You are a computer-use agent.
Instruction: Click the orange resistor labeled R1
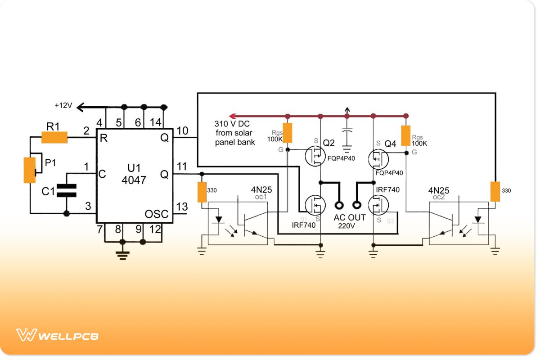click(54, 137)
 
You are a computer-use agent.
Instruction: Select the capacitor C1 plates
click(67, 190)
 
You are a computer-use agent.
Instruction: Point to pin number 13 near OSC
click(181, 207)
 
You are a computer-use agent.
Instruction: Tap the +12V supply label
click(63, 105)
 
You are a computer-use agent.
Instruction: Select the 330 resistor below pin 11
click(202, 192)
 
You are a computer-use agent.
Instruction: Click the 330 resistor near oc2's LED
click(495, 191)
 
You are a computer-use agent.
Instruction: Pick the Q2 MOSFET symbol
click(314, 156)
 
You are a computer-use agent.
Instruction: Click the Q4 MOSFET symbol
click(378, 158)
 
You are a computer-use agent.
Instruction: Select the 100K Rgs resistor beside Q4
click(405, 136)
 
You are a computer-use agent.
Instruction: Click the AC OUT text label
click(350, 218)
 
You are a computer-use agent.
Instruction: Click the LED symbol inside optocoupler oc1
click(219, 220)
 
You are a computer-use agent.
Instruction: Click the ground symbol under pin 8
click(122, 255)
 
